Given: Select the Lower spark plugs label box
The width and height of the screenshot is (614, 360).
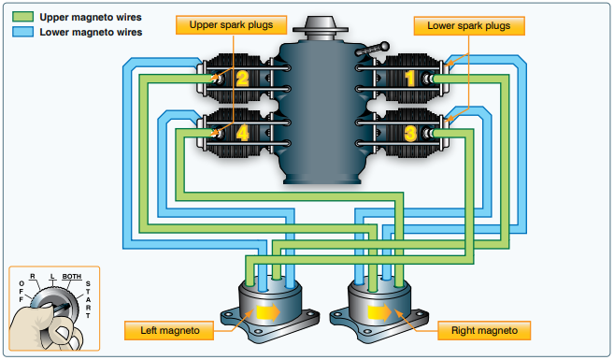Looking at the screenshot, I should (468, 25).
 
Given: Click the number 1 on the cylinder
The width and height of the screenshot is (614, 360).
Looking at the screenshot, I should (408, 78).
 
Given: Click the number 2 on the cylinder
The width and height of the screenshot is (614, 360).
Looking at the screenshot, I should (241, 78).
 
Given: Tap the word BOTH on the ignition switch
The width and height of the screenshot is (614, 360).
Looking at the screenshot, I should (71, 278).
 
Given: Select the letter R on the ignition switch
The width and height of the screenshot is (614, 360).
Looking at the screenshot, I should (33, 278).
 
